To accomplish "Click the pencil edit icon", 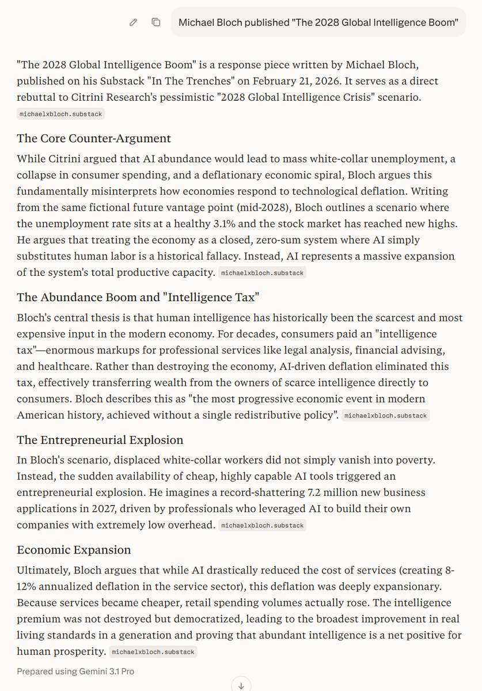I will [x=134, y=22].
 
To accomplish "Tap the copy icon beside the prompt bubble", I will [x=155, y=22].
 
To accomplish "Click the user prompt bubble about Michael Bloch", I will [x=318, y=22].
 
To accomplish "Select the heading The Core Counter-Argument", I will [x=94, y=138].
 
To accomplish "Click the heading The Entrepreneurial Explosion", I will [x=100, y=440].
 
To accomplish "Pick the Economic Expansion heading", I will [x=74, y=550].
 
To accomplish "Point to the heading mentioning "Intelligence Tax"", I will [x=138, y=297].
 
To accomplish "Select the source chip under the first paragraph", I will [x=61, y=114].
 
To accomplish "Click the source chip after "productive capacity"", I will [x=262, y=273].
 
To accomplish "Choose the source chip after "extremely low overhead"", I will [x=262, y=525].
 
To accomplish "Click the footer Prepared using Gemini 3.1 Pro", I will [x=75, y=671].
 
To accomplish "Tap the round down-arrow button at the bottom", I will [x=241, y=685].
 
